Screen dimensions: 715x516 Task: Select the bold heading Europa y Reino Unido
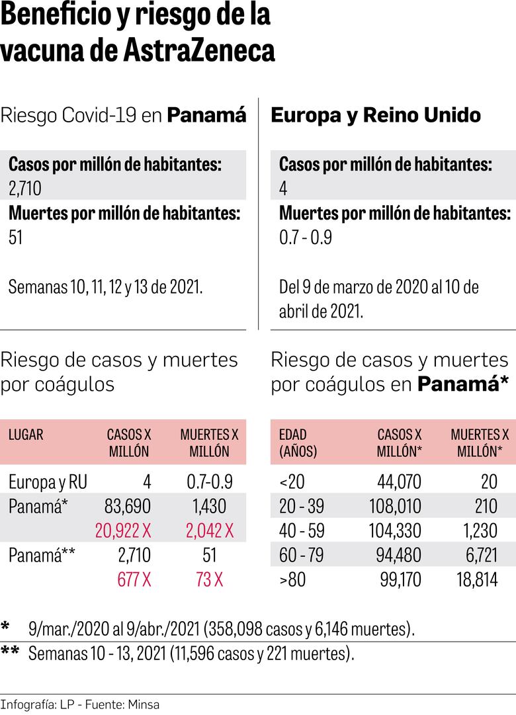pos(376,115)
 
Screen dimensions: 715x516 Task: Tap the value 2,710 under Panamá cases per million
pos(25,189)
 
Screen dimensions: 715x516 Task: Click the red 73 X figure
pos(210,579)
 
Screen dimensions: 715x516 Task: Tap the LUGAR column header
pos(26,435)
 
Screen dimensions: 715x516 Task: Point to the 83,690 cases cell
pos(127,507)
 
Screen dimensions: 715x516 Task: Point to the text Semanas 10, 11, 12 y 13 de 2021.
pos(106,288)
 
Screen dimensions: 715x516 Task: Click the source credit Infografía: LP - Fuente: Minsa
pos(80,704)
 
